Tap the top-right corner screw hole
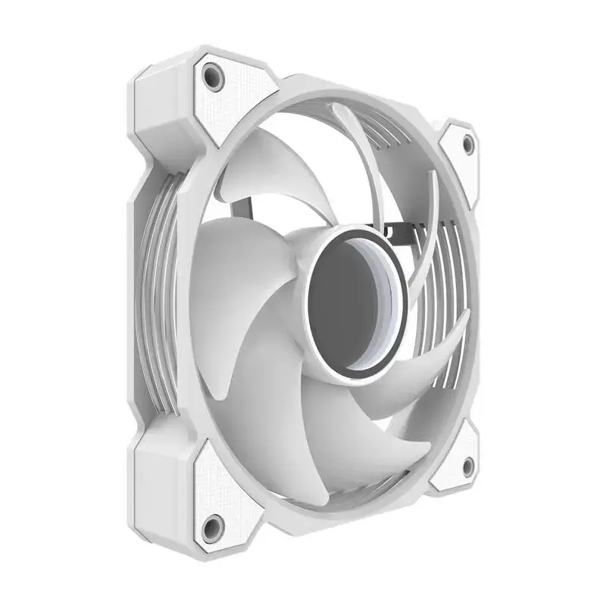pos(467,143)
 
